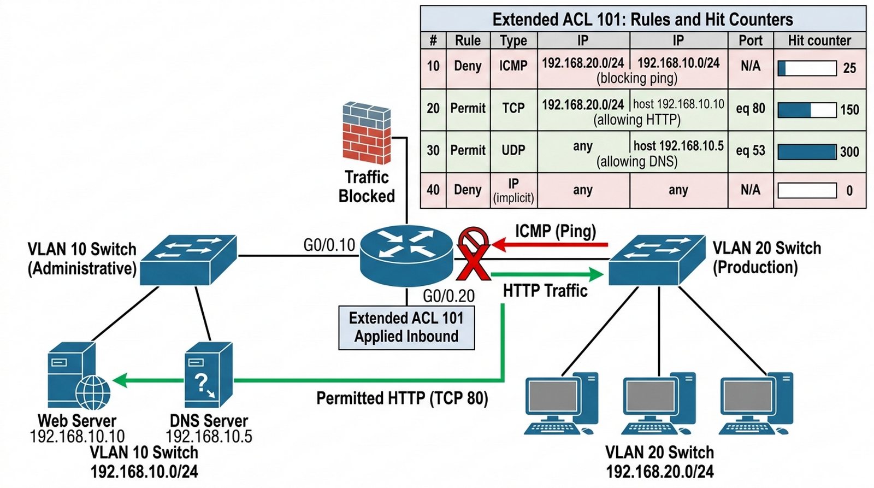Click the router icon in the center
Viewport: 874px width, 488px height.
point(406,255)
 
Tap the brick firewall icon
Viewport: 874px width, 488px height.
point(367,133)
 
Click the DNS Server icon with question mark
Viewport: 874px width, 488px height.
point(208,375)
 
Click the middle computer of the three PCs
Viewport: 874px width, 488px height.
point(659,403)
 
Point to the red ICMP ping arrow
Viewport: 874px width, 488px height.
point(550,244)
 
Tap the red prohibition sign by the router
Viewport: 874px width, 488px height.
point(473,241)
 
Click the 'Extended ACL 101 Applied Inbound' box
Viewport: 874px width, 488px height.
point(406,327)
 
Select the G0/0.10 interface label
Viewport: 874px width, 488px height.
point(329,245)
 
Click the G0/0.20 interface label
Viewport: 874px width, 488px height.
point(448,296)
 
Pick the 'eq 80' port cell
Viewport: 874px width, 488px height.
point(751,109)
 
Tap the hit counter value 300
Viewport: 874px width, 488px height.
point(849,152)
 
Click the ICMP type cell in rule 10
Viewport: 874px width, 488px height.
point(513,66)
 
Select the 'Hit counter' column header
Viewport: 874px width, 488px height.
point(819,40)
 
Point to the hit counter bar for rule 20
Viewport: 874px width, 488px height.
point(807,110)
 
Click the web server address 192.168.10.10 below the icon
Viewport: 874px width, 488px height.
point(77,436)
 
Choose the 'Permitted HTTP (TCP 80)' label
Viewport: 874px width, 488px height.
point(402,398)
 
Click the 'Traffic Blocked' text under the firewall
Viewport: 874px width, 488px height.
point(367,186)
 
